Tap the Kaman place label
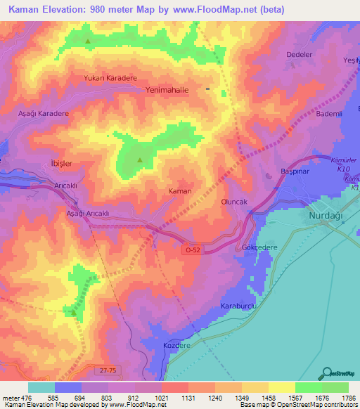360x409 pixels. [x=180, y=190]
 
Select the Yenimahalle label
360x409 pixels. [x=167, y=90]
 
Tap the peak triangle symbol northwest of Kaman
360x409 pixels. [x=139, y=160]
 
